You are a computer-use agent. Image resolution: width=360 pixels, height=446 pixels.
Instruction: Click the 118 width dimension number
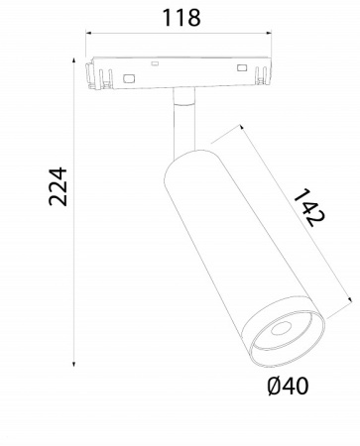pyautogui.click(x=180, y=17)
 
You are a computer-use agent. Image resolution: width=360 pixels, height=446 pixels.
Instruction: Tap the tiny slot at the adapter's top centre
pyautogui.click(x=154, y=62)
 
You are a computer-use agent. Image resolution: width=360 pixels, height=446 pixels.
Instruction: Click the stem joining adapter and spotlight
pyautogui.click(x=181, y=119)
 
